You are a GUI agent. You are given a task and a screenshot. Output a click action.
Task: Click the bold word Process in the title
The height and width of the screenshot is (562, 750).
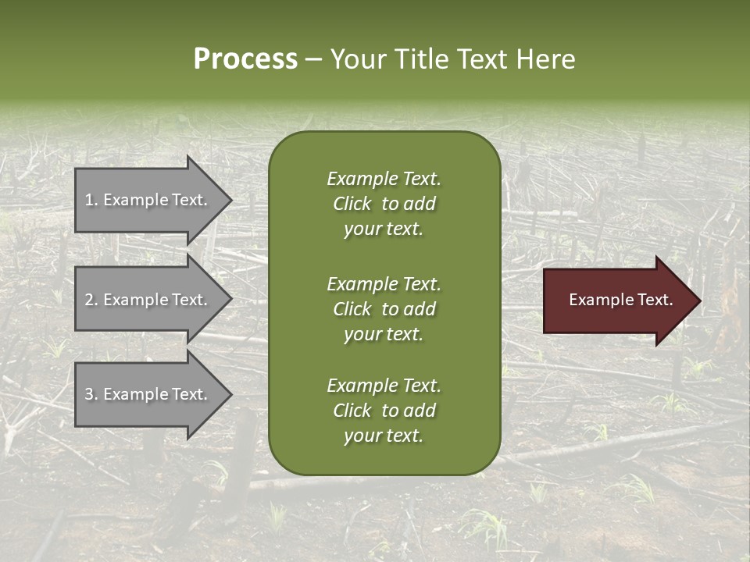[245, 59]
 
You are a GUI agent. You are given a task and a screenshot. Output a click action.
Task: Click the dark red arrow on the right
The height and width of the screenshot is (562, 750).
[617, 300]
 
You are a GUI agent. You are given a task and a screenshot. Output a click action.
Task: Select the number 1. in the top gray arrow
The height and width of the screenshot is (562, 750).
[91, 200]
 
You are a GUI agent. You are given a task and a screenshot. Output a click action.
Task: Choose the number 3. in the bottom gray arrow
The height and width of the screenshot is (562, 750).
[91, 394]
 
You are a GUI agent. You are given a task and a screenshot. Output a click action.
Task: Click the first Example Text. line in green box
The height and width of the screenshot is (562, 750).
[384, 179]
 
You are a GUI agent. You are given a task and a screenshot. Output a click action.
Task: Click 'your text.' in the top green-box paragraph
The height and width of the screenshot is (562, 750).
[384, 229]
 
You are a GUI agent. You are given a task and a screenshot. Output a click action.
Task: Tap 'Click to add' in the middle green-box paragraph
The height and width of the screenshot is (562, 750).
[384, 309]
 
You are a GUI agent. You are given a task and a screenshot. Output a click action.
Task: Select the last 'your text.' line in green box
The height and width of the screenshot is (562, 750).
[384, 436]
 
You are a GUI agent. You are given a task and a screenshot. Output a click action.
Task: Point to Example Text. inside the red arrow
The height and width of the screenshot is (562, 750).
[620, 300]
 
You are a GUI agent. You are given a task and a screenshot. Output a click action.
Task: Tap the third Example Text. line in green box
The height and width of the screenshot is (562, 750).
[384, 386]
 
